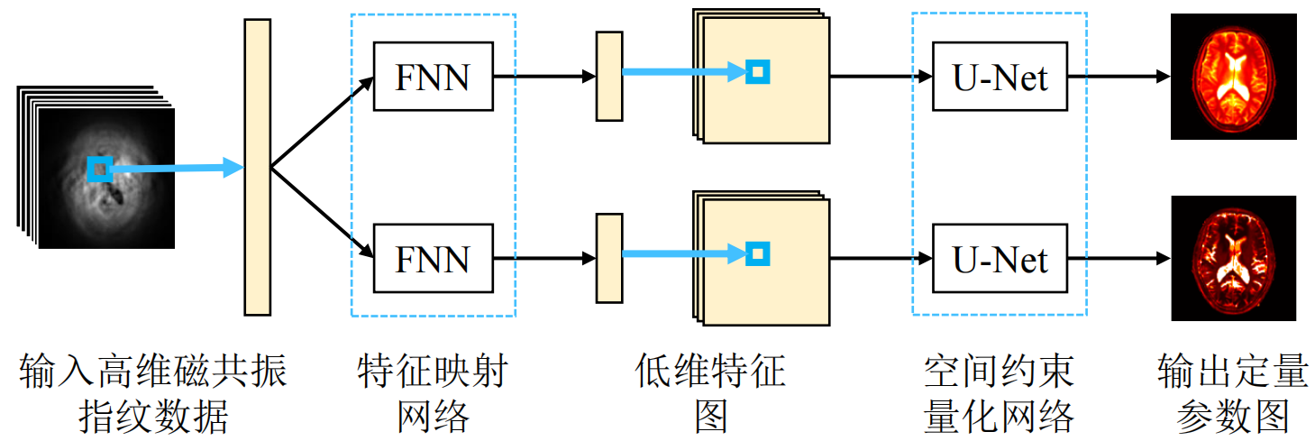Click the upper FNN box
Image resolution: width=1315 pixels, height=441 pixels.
coord(433,77)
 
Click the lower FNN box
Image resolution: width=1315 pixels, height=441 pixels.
coord(433,258)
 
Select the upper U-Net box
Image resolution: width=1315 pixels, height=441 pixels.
coord(1000,77)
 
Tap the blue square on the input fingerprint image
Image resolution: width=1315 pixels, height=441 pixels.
coord(100,168)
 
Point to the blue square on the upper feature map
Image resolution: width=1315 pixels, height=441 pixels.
coord(758,71)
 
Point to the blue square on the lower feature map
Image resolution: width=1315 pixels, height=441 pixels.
coord(758,253)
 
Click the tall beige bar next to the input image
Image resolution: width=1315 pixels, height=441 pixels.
coord(257,167)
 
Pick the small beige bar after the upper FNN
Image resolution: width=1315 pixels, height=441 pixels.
coord(609,77)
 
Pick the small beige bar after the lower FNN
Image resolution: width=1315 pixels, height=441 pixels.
coord(609,258)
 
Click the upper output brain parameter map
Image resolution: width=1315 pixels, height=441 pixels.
coord(1233,77)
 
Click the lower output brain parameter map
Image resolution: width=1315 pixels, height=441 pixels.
coord(1233,258)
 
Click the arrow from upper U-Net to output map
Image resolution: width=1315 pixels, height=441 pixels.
coord(1118,77)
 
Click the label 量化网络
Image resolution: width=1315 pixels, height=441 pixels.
coord(1000,417)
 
